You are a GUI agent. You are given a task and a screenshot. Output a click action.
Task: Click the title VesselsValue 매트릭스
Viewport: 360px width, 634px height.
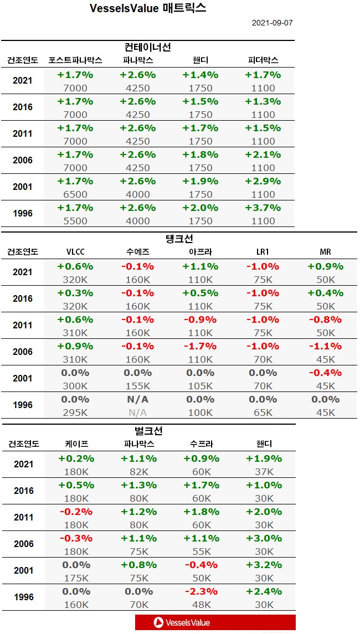pyautogui.click(x=148, y=8)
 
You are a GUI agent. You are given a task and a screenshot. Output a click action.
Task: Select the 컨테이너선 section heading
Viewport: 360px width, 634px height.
pyautogui.click(x=148, y=47)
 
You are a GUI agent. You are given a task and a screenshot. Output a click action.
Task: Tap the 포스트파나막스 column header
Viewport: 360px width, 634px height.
pyautogui.click(x=75, y=60)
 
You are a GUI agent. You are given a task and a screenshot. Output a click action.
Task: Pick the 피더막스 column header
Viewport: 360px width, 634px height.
pyautogui.click(x=263, y=60)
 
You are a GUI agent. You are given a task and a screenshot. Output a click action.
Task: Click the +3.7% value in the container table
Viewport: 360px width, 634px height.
pyautogui.click(x=263, y=208)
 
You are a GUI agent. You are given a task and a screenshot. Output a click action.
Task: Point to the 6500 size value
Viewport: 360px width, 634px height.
pyautogui.click(x=75, y=194)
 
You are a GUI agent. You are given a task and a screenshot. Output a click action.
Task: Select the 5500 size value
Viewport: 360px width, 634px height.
pyautogui.click(x=75, y=221)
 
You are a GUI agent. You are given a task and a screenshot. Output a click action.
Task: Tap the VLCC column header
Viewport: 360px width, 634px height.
pyautogui.click(x=75, y=252)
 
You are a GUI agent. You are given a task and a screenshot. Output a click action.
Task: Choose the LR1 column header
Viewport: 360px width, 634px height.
pyautogui.click(x=263, y=252)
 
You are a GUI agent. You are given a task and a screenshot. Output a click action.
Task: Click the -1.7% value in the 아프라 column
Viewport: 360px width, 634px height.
pyautogui.click(x=200, y=346)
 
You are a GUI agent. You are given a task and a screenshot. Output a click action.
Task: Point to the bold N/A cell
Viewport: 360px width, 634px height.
pyautogui.click(x=138, y=399)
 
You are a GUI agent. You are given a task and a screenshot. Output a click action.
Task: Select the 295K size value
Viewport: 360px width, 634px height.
pyautogui.click(x=75, y=413)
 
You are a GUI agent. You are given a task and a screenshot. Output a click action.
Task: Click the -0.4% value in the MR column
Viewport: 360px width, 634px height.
pyautogui.click(x=325, y=373)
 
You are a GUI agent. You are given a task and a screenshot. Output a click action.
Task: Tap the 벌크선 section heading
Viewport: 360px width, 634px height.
pyautogui.click(x=148, y=431)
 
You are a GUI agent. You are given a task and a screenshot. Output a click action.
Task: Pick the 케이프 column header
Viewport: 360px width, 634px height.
pyautogui.click(x=75, y=444)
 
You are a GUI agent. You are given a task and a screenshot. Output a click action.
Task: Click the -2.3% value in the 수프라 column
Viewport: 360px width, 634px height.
pyautogui.click(x=200, y=591)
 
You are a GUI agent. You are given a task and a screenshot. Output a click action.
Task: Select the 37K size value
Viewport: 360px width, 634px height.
pyautogui.click(x=263, y=472)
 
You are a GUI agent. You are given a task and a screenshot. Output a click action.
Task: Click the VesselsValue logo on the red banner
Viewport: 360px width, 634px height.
pyautogui.click(x=182, y=622)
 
